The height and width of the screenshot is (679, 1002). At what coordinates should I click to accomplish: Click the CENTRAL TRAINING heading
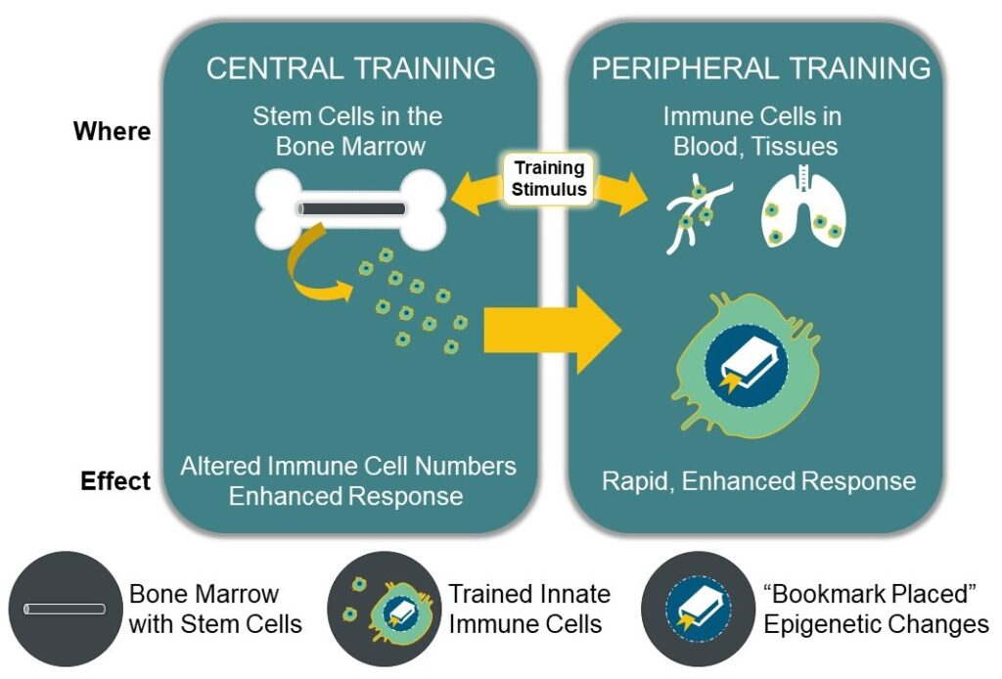pyautogui.click(x=350, y=68)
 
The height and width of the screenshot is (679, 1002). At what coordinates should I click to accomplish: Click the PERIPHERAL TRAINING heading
pyautogui.click(x=761, y=68)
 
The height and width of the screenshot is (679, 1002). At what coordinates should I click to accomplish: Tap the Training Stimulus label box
pyautogui.click(x=549, y=178)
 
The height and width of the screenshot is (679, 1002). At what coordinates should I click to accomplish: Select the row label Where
pyautogui.click(x=113, y=131)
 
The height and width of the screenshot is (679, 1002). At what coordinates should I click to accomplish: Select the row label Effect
pyautogui.click(x=115, y=481)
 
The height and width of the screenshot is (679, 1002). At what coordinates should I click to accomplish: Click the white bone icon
pyautogui.click(x=351, y=207)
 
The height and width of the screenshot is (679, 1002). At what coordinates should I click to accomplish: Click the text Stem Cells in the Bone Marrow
pyautogui.click(x=347, y=131)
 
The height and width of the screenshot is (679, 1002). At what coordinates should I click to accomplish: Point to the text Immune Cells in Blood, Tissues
pyautogui.click(x=751, y=131)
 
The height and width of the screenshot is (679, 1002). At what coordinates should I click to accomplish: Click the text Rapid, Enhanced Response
pyautogui.click(x=759, y=481)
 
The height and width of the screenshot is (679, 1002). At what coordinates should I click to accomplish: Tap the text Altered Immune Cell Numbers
pyautogui.click(x=347, y=466)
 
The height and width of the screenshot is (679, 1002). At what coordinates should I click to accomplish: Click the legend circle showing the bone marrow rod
pyautogui.click(x=65, y=610)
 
